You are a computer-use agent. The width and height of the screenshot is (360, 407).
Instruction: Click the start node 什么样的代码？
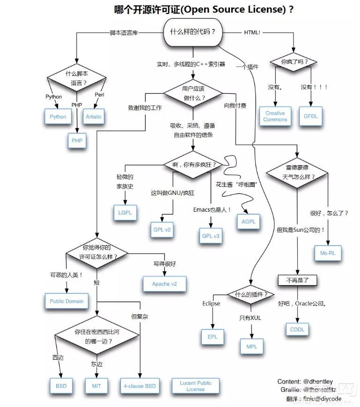coord(192,32)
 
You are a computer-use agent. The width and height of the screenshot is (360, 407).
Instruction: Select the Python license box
coord(58,117)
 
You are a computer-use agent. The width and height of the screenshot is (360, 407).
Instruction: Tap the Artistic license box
coord(94,117)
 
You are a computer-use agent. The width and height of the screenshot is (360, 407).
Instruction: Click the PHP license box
coord(77,141)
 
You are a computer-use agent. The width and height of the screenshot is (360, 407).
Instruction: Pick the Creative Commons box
coord(275,116)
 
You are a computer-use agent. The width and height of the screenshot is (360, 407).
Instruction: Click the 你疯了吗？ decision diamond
coord(292,62)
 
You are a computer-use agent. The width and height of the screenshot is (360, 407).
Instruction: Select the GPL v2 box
coord(162,230)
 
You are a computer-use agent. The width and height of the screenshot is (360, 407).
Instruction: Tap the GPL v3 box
coord(210,236)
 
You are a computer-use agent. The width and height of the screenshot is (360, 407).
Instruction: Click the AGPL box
coord(249,222)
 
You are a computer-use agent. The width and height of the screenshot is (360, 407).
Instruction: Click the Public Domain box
coord(66,301)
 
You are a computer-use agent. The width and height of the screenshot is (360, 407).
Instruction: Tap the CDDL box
coord(297,329)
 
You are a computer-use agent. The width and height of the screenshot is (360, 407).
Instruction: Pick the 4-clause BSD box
coord(140,386)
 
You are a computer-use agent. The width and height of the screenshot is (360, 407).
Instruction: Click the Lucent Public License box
coord(195,386)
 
